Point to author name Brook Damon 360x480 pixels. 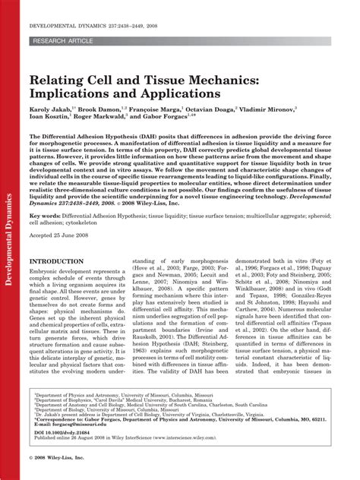point(113,109)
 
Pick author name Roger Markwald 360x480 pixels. point(115,119)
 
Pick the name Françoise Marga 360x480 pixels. point(177,109)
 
